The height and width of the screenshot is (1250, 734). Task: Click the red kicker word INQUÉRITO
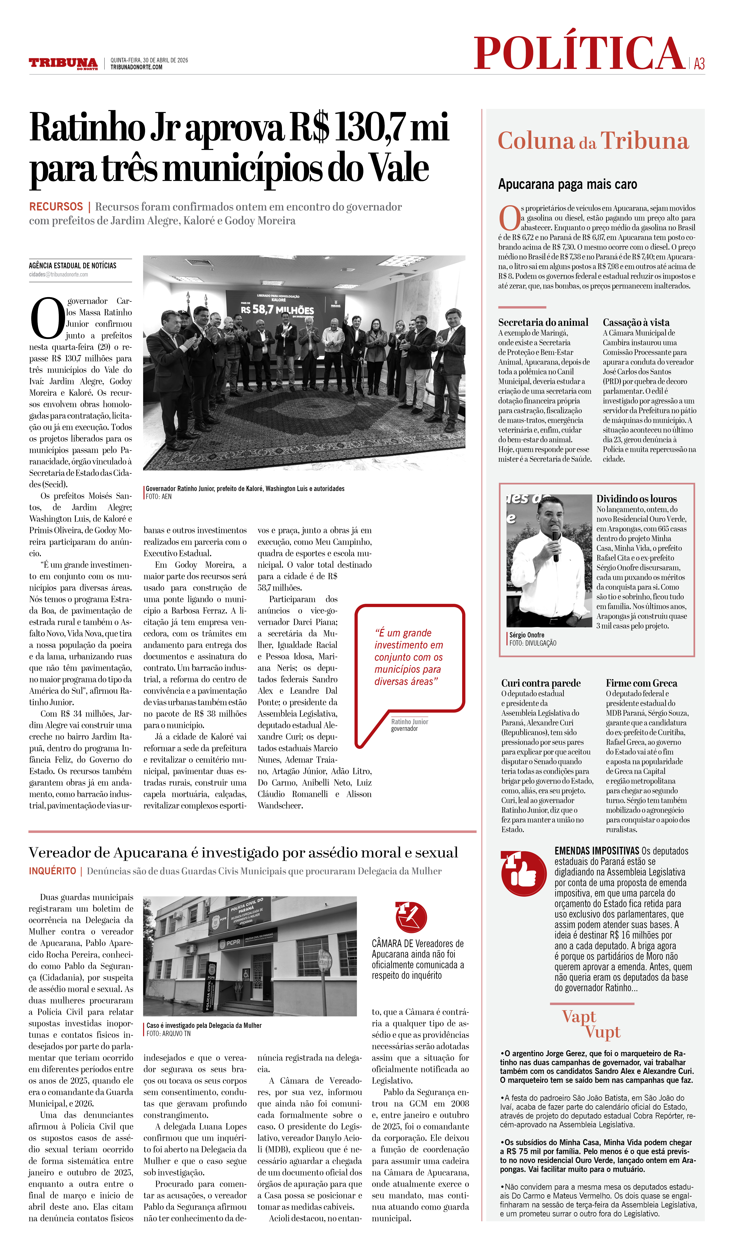(53, 871)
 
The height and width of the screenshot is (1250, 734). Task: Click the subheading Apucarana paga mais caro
(567, 184)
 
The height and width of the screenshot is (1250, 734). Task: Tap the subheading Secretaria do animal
(543, 322)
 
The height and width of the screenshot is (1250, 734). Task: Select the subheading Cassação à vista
(636, 322)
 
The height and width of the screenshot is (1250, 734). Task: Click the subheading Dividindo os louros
(636, 499)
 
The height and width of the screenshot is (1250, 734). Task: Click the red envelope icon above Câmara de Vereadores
(411, 917)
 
